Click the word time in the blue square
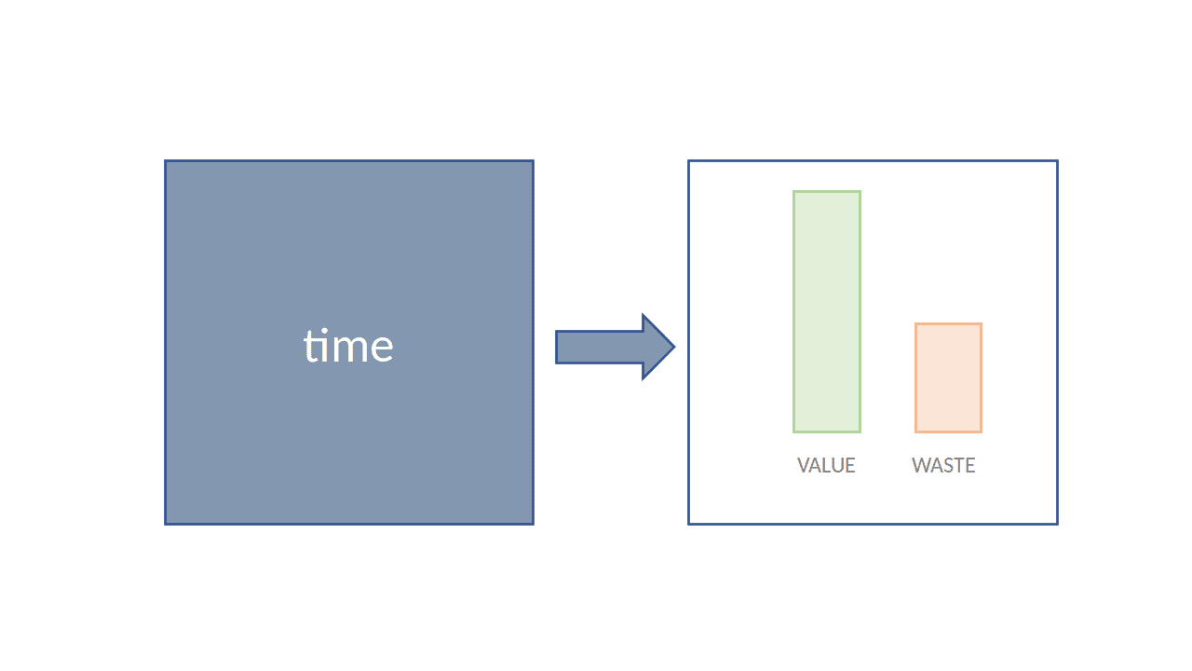[x=348, y=346]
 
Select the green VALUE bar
[x=826, y=311]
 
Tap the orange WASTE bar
[x=948, y=377]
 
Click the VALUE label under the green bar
[x=826, y=465]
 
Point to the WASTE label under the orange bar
[x=943, y=465]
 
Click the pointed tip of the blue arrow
[x=675, y=347]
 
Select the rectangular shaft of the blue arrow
[x=599, y=347]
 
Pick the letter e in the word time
[x=382, y=349]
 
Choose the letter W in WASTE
[x=922, y=465]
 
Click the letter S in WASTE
[x=951, y=465]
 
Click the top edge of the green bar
[x=826, y=191]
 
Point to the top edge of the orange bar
[x=948, y=323]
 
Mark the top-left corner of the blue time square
[x=165, y=160]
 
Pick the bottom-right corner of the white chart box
[x=1057, y=524]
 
